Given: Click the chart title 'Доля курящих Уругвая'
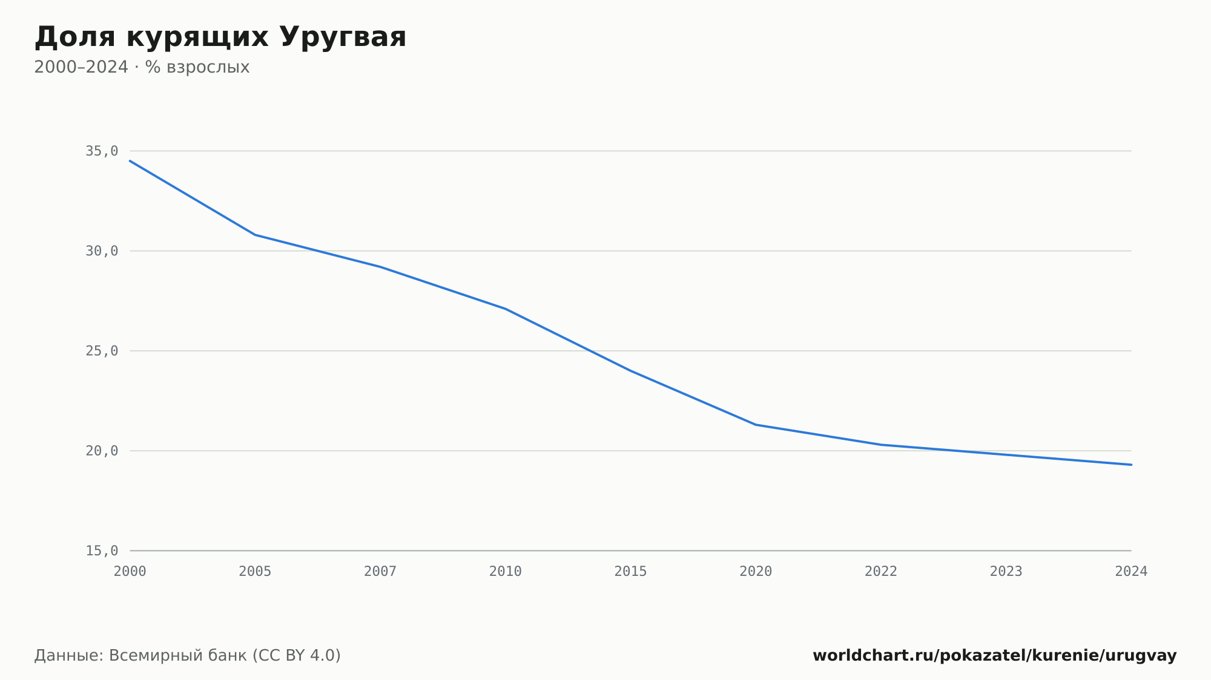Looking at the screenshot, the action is click(x=220, y=38).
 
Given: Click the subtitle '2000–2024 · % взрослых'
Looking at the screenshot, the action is click(x=142, y=67).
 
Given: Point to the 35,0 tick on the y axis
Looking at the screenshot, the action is click(x=102, y=151).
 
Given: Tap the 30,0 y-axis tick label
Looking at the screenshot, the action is click(x=102, y=251).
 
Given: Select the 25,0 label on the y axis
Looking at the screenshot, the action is click(x=102, y=351).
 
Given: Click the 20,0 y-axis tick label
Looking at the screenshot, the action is click(x=102, y=451).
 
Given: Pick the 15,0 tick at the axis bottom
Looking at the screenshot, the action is click(x=102, y=551).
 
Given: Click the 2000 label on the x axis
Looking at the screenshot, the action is click(x=130, y=572).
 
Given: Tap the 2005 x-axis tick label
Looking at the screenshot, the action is click(x=255, y=572).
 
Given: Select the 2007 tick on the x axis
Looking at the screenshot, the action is click(x=380, y=572).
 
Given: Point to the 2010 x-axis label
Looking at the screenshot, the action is click(x=506, y=572).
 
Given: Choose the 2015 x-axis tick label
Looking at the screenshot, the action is click(x=631, y=572).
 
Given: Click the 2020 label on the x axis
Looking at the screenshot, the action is click(x=756, y=572).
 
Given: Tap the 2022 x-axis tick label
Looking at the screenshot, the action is click(x=881, y=572).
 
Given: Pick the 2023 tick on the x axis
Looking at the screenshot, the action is click(x=1006, y=572).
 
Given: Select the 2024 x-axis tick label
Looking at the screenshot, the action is click(x=1131, y=572).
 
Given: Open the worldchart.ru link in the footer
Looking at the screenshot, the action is click(x=995, y=656).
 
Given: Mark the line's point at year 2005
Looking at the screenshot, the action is click(x=255, y=235).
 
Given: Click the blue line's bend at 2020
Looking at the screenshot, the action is click(x=756, y=425).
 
